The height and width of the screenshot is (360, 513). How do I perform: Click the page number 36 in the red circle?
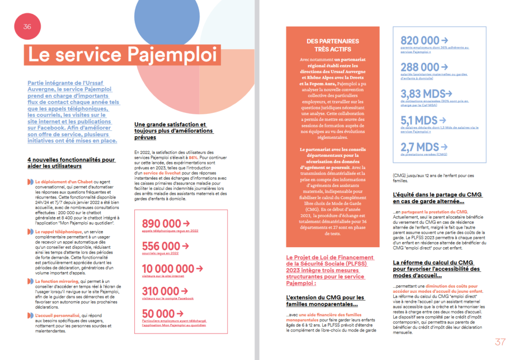coord(27,27)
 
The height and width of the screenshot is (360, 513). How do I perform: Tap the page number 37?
coord(500,342)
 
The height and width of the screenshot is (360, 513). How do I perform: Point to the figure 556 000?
coord(160,246)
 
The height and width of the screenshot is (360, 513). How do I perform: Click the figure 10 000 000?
coord(167,269)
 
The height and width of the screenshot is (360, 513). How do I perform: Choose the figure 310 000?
coord(160,291)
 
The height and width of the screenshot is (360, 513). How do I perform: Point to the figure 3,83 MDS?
coord(422,93)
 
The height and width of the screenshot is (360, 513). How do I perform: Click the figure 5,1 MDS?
coord(419,120)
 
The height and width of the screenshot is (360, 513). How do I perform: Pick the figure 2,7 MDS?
coord(419,147)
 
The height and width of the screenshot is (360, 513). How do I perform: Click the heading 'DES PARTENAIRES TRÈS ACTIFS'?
coord(333,45)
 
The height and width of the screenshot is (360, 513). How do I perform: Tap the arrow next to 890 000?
coord(186,224)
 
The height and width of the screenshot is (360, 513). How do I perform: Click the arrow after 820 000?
coord(444,40)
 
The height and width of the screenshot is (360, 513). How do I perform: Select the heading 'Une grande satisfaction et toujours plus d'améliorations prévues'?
coord(174,131)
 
